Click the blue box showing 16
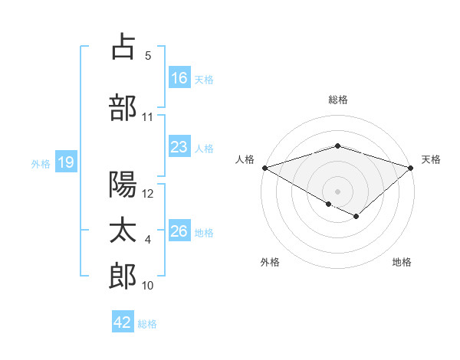click(179, 78)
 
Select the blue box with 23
click(179, 147)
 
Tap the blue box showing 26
click(179, 231)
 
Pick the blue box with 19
click(65, 162)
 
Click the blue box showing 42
click(123, 322)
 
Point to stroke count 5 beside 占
click(148, 55)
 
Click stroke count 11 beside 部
click(148, 117)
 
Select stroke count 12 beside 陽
click(149, 194)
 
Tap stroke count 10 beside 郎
click(148, 286)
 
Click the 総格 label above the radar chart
click(337, 100)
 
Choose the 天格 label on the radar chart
click(431, 159)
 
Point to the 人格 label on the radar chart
click(245, 159)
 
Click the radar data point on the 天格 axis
click(411, 167)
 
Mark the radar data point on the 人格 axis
click(264, 167)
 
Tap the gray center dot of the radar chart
click(337, 191)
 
